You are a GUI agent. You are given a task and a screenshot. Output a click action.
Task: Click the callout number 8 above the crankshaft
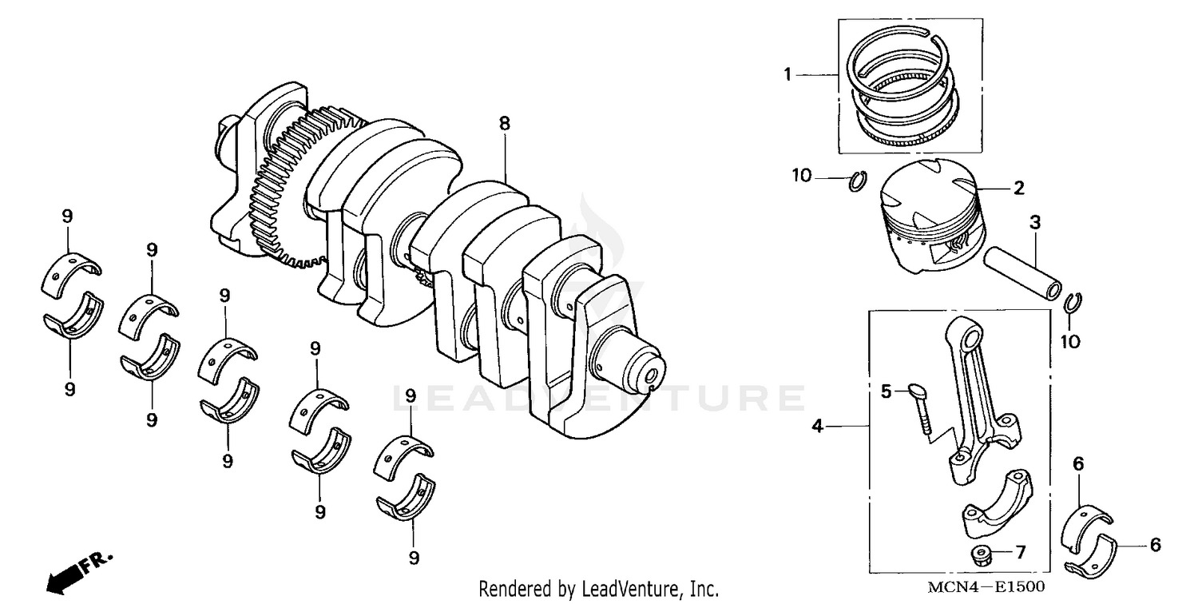pos(504,124)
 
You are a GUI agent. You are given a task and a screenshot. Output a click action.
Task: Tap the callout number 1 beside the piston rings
pos(787,75)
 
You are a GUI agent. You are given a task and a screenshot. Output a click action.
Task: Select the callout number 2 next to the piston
pos(1019,189)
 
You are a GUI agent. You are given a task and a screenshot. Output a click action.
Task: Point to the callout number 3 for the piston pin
pos(1035,223)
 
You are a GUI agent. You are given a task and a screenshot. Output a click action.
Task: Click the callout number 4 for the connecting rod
pos(817,427)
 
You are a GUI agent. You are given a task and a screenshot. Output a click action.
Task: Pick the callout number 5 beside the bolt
pos(886,391)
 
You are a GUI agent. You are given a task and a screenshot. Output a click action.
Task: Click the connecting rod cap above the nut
pos(996,506)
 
